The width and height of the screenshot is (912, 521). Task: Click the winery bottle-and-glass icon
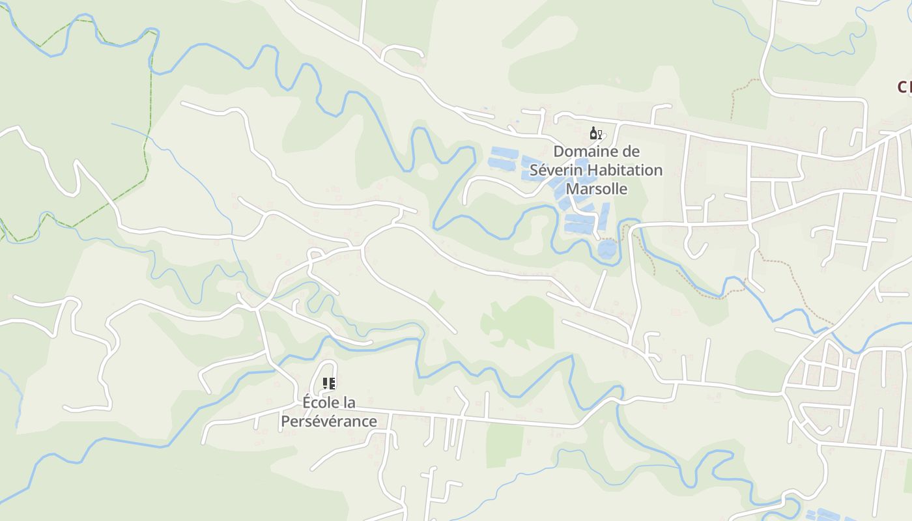coord(595,134)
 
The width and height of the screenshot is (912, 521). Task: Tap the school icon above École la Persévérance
coord(329,384)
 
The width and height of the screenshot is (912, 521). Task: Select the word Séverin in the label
coord(554,171)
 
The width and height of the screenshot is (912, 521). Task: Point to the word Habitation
coord(623,171)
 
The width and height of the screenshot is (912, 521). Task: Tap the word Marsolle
coord(597,189)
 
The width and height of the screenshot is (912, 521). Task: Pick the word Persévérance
coord(329,421)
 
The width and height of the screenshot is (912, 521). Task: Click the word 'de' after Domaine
coord(631,152)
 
